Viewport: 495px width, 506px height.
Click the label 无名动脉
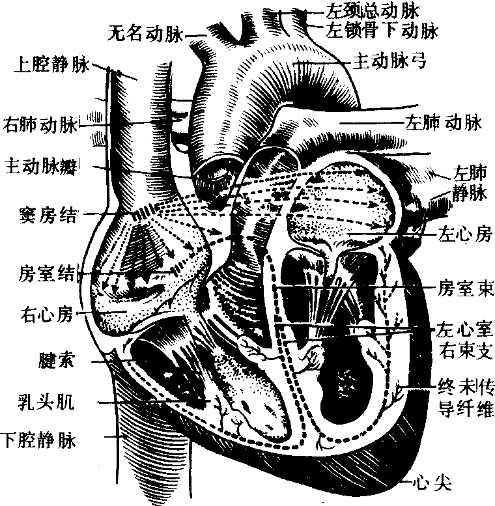pos(145,34)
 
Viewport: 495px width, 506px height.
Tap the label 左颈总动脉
pos(372,10)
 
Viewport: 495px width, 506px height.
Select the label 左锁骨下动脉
pos(382,31)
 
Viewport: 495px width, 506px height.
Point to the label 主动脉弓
pos(389,61)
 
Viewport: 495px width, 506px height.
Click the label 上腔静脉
pos(51,65)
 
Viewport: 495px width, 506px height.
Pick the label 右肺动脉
pos(40,124)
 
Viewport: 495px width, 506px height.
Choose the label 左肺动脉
pos(444,122)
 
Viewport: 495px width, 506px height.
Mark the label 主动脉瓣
pos(41,167)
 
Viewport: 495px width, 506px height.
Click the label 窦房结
pos(48,215)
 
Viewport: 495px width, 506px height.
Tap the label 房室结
pos(46,274)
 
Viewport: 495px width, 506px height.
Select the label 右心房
pos(47,314)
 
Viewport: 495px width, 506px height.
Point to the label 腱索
pos(57,360)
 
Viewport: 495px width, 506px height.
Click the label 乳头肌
pos(46,402)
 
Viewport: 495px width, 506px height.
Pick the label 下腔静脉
pos(38,440)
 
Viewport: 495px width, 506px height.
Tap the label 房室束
pos(465,288)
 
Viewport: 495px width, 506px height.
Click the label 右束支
pos(466,351)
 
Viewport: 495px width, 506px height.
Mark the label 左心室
pos(464,330)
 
